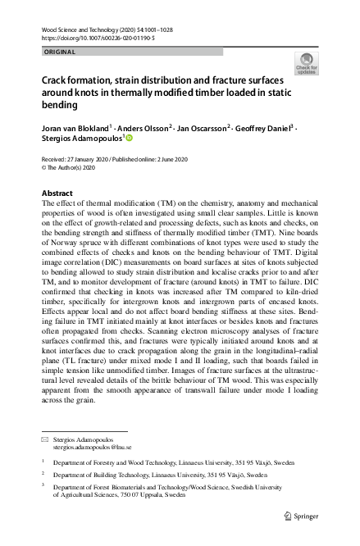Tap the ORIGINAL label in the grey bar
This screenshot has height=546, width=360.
pos(59,52)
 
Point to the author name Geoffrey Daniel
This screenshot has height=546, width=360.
pos(265,129)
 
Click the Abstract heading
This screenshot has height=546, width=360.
pos(57,193)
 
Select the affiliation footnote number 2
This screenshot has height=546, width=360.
pos(43,473)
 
